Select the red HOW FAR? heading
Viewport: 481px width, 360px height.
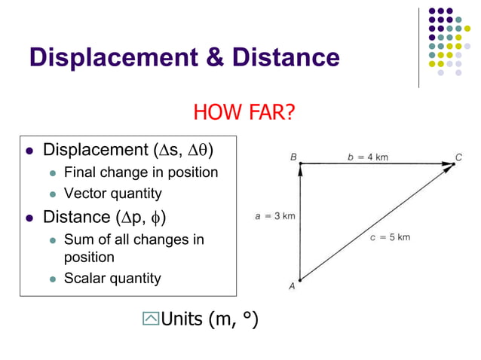point(244,113)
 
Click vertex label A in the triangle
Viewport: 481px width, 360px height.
point(292,287)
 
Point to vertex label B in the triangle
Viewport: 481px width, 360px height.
point(293,157)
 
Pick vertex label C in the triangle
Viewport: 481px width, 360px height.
point(458,157)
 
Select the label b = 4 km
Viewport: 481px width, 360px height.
point(367,157)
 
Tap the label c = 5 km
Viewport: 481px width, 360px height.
point(391,237)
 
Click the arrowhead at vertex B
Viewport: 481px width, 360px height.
point(300,169)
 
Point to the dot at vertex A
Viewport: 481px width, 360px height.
point(300,279)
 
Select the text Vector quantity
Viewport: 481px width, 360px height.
point(113,194)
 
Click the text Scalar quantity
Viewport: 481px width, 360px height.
point(112,278)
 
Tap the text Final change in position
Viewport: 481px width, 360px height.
point(141,172)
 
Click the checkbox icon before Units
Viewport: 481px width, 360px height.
point(151,319)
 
